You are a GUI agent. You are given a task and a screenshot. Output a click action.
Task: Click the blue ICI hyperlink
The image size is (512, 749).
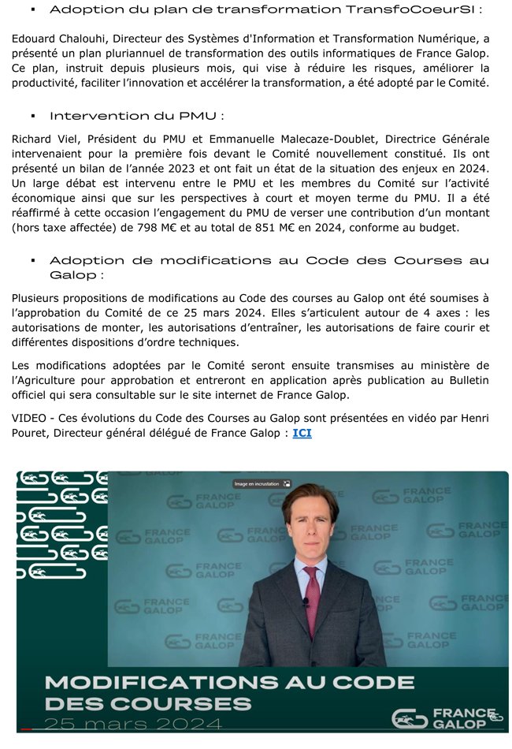(302, 433)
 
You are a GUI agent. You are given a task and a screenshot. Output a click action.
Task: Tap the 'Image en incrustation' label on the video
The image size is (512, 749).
(257, 483)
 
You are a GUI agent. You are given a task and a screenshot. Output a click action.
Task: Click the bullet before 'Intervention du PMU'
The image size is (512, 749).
(33, 115)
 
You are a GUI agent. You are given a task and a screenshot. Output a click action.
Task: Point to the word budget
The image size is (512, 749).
(457, 228)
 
